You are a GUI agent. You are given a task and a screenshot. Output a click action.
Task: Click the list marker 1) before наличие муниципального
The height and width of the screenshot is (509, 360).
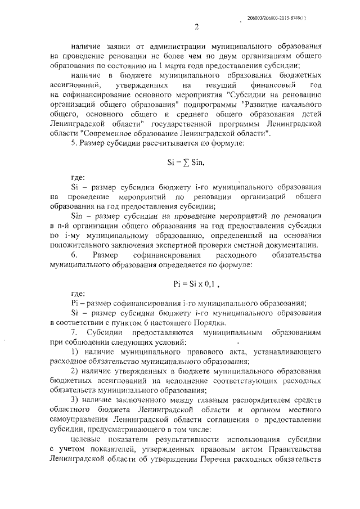click(75, 352)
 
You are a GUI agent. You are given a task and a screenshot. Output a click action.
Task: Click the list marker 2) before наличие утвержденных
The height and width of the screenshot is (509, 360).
click(75, 372)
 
